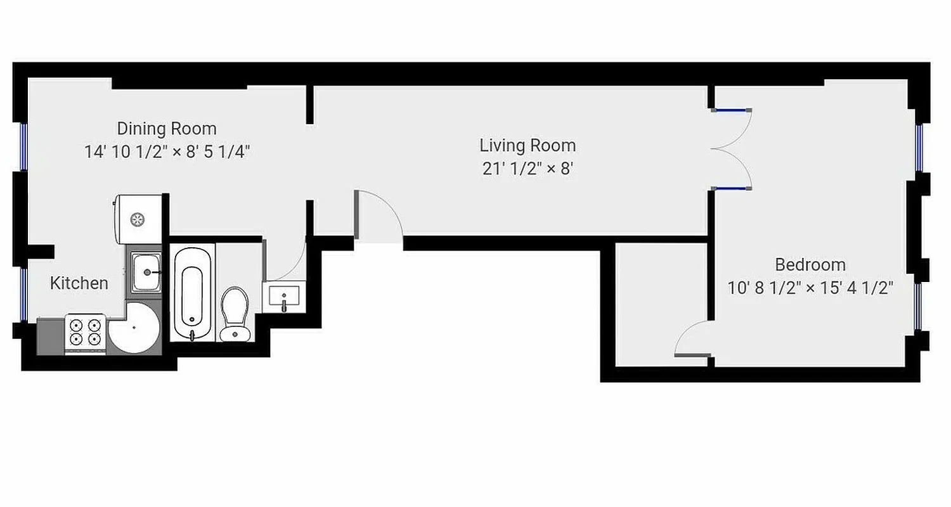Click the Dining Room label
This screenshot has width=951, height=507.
click(167, 129)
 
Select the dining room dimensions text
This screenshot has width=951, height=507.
click(167, 152)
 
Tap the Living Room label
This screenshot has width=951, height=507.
click(527, 145)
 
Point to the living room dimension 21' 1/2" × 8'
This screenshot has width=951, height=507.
click(527, 169)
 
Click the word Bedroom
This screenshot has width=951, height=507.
click(810, 264)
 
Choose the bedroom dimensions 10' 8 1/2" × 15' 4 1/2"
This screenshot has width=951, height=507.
click(810, 288)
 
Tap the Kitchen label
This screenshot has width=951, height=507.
click(79, 283)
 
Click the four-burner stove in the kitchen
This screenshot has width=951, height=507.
click(85, 333)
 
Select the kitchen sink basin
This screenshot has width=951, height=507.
click(146, 272)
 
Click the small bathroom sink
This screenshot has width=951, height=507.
click(284, 297)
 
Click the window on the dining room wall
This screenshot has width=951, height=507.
click(23, 146)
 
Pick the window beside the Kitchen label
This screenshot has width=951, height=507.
click(23, 295)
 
